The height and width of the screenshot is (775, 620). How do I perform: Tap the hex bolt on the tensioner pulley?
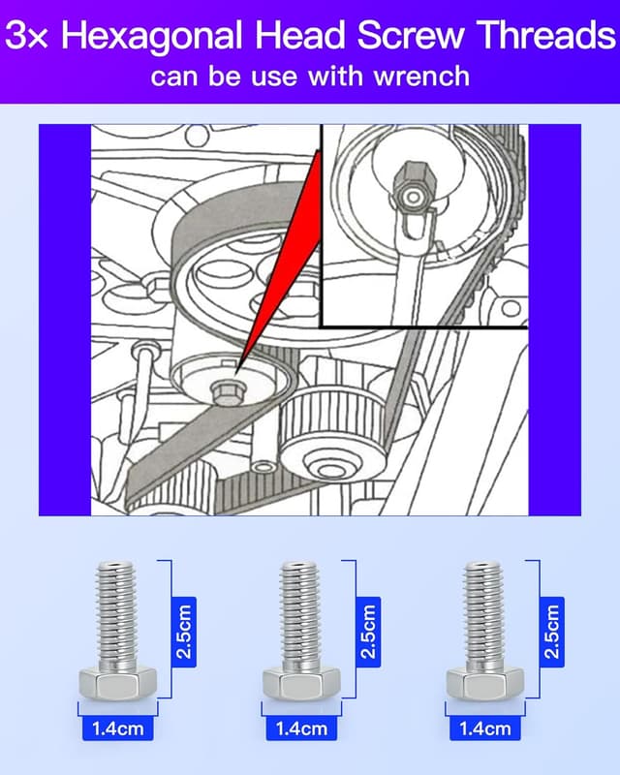[224, 388]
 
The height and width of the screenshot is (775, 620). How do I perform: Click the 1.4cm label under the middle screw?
[301, 727]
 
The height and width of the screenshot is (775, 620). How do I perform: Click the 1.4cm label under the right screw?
[484, 727]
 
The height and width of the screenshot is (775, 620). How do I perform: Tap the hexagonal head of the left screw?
[116, 683]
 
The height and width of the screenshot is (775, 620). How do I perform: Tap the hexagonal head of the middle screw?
[300, 683]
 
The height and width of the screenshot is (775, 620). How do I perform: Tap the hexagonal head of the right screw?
[483, 683]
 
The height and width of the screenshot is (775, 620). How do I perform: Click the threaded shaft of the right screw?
[483, 610]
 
